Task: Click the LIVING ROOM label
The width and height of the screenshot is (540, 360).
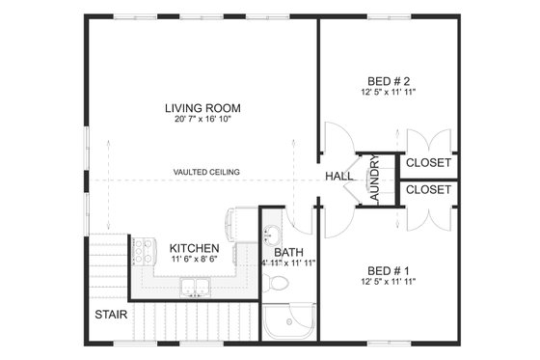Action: point(202,108)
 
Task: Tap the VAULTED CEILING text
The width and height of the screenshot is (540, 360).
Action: point(206,172)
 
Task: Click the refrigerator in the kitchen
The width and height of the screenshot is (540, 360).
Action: point(236,224)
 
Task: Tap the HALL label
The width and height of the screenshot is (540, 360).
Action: point(338,177)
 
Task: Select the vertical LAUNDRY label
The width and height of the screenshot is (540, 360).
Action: point(374,180)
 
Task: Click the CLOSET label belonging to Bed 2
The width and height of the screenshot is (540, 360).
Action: point(427,163)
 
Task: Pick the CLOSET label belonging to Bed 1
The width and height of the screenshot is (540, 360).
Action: point(427,190)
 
